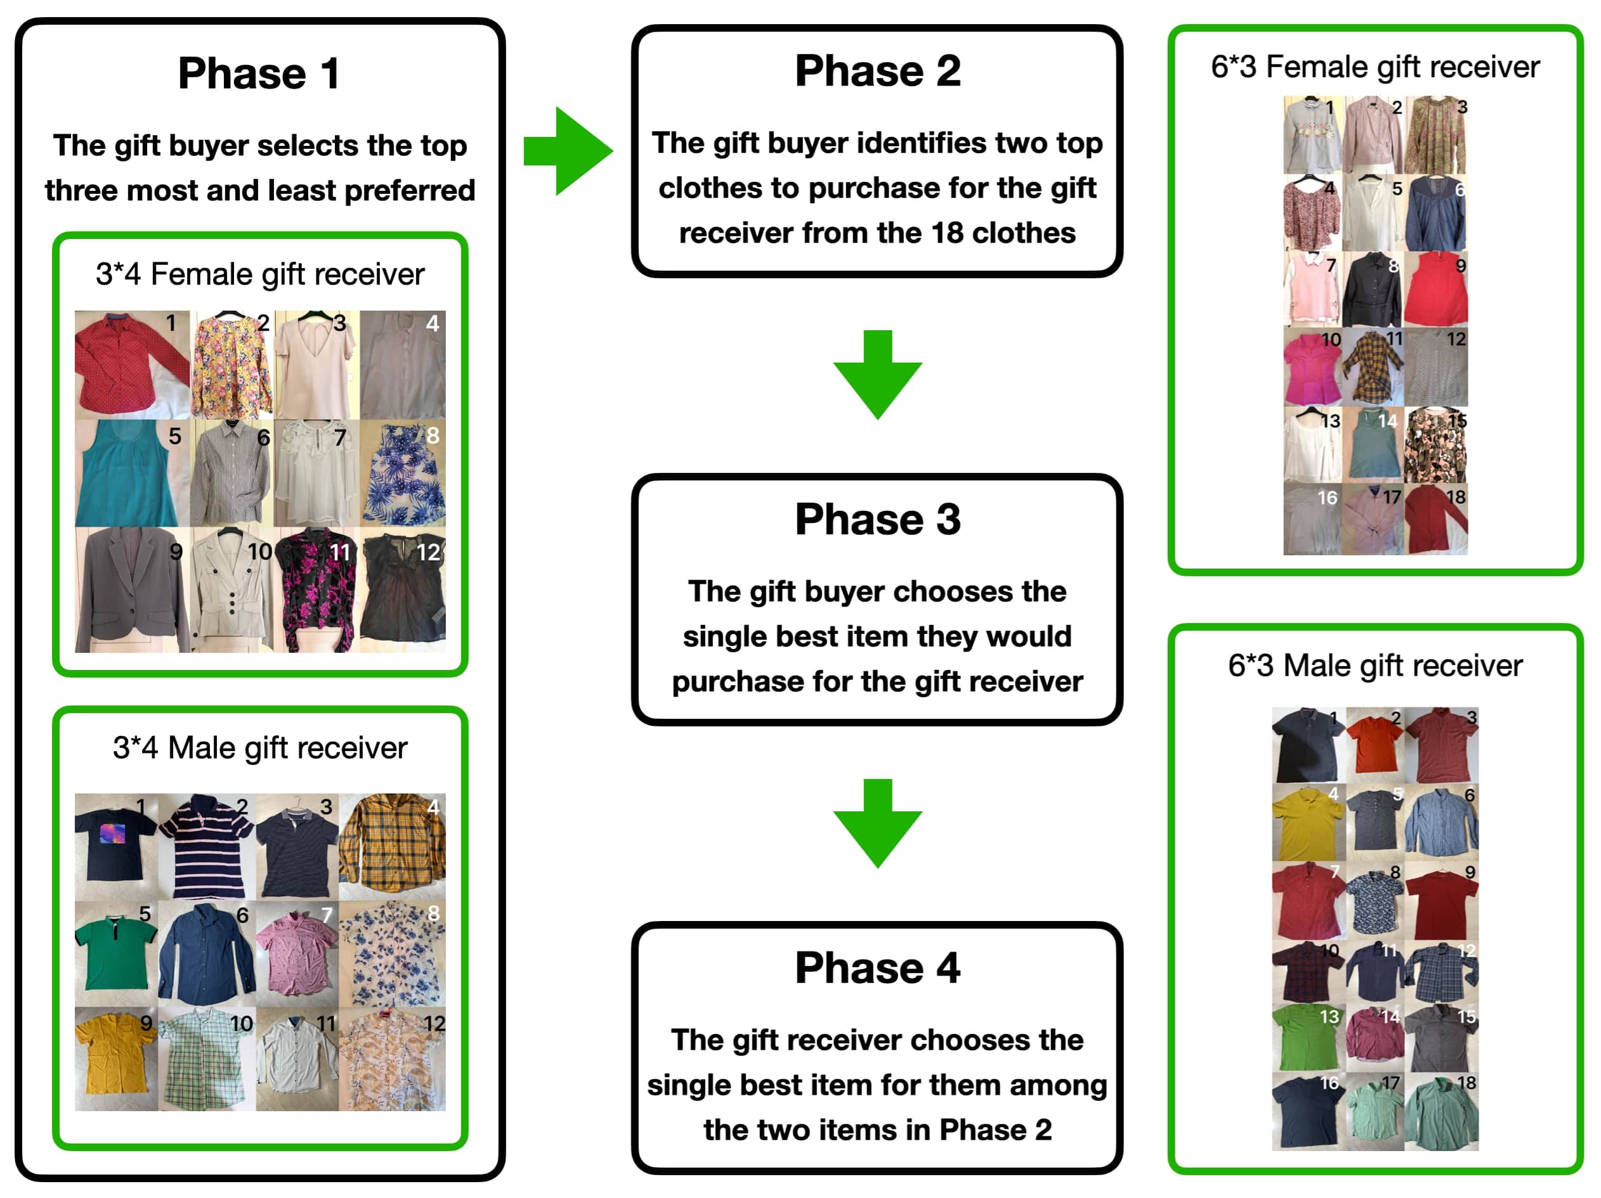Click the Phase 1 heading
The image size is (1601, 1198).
point(259,74)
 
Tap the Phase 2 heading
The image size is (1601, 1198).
point(877,71)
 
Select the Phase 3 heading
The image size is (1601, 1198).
point(877,519)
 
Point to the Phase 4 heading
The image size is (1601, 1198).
point(877,968)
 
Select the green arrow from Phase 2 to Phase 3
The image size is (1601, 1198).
point(877,375)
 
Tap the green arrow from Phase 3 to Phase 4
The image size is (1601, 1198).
point(877,823)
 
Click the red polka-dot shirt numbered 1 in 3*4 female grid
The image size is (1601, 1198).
point(132,364)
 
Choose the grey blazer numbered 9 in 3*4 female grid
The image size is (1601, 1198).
point(133,589)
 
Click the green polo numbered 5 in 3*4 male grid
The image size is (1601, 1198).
point(116,953)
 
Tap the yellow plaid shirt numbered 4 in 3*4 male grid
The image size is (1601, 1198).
point(392,846)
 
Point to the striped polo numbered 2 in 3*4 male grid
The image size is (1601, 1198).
point(206,846)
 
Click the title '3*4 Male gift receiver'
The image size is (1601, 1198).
point(260,747)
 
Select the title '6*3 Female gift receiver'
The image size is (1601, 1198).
point(1375,67)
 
